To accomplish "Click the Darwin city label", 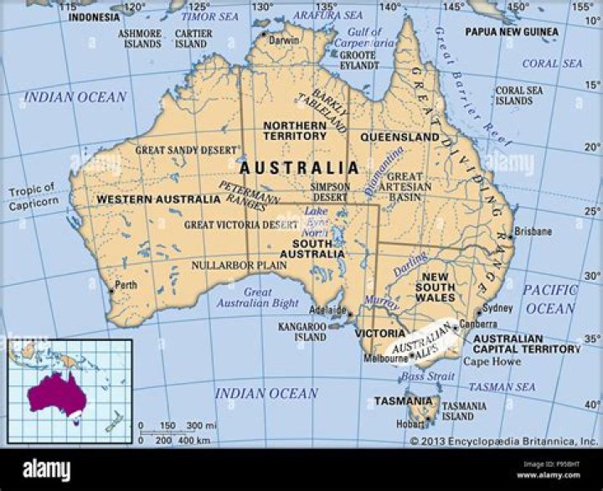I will tap(283, 39).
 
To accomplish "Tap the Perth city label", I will tap(126, 285).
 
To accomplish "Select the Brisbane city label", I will tap(533, 230).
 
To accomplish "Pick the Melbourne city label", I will tap(384, 358).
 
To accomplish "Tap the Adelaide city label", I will tap(327, 308).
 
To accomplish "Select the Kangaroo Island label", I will tap(301, 331).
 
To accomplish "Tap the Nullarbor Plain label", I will tap(239, 265).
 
